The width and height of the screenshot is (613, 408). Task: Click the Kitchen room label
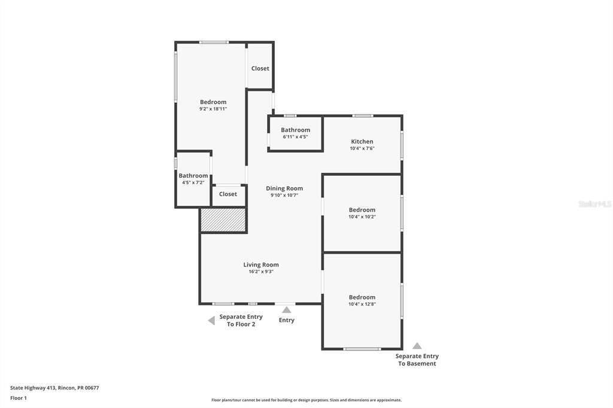tap(362, 142)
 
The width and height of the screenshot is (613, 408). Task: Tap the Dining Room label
tap(284, 188)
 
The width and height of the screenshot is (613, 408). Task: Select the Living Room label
tap(261, 264)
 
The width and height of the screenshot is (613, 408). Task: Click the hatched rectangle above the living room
tap(223, 220)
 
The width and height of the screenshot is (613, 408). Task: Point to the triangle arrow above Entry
tap(287, 310)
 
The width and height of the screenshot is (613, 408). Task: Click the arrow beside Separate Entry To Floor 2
tap(211, 321)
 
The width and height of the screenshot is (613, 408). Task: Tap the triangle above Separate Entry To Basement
tap(417, 346)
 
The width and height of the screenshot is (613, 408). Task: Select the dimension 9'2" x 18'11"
tap(213, 109)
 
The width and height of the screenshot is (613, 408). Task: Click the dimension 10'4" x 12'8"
tap(362, 304)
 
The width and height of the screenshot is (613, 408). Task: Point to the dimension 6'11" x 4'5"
tap(295, 136)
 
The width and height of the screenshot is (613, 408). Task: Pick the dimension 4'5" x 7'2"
tap(193, 182)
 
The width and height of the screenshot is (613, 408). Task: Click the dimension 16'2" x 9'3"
tap(261, 272)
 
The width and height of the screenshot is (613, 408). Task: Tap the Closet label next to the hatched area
tap(228, 194)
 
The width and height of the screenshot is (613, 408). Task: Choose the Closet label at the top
tap(260, 68)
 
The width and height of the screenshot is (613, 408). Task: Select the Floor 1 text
tap(19, 398)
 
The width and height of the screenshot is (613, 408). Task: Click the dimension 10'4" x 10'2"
tap(362, 217)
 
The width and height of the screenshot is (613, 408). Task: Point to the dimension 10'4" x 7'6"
tap(362, 148)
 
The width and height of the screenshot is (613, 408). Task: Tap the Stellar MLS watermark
tap(594, 204)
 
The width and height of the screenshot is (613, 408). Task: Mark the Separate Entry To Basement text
tap(417, 360)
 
